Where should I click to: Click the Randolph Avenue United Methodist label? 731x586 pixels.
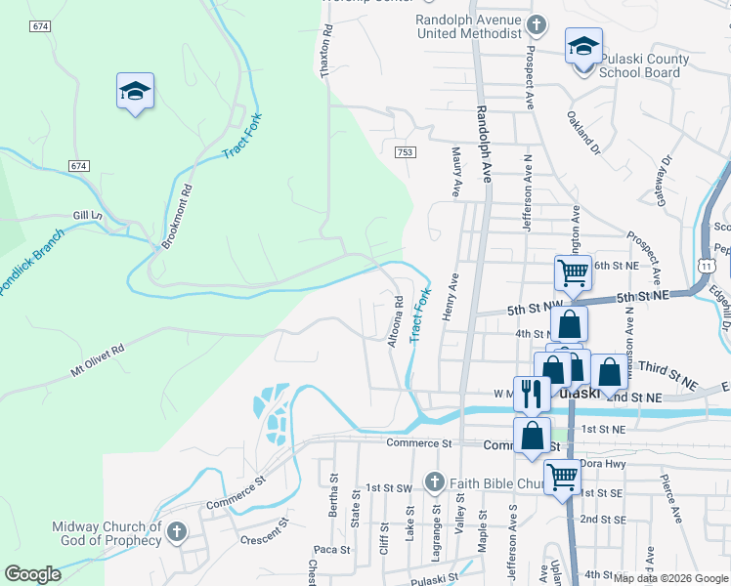[469, 26]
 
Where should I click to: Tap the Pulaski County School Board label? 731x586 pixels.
[643, 65]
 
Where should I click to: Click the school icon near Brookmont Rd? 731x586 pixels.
[135, 92]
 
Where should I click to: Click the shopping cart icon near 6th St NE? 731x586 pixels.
[573, 272]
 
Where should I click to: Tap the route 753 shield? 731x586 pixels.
[406, 151]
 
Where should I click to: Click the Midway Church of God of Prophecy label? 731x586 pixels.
[107, 533]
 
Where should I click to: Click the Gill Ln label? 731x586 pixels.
[87, 214]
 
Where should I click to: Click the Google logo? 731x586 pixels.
[32, 574]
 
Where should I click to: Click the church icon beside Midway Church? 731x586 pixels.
[176, 532]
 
